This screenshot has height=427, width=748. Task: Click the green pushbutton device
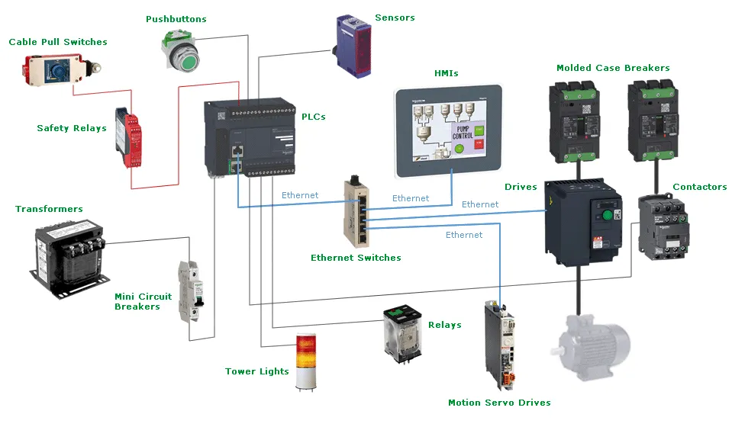point(182,50)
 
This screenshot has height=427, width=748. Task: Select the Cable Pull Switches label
point(58,42)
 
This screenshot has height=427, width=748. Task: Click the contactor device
point(663,227)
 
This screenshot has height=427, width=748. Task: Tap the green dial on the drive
point(608,214)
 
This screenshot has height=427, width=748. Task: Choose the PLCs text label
point(313,117)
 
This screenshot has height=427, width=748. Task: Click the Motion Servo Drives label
point(499,403)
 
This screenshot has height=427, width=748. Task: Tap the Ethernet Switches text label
point(356,258)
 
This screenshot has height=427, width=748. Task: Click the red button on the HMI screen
point(479,143)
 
